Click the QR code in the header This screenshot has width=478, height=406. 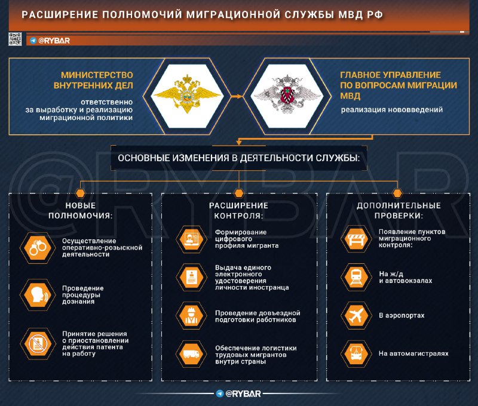coord(15,39)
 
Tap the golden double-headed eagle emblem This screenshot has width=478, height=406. coord(187,94)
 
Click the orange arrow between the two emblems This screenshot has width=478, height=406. coord(237,96)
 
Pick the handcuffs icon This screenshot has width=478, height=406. coord(38,248)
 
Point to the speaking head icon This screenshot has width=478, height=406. coord(38,295)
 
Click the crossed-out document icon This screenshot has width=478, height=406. coord(38,344)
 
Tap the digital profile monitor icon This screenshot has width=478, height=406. coord(191,239)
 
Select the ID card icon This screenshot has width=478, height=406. coord(191,277)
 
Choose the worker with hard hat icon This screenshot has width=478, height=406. coord(191,315)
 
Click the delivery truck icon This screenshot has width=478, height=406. coord(191,353)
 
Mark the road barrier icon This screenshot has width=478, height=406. coord(356,239)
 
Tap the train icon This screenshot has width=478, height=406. coord(356,277)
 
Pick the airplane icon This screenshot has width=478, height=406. coord(356,315)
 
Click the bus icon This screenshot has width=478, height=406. coord(356,353)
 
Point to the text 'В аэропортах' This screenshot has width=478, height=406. coord(402,315)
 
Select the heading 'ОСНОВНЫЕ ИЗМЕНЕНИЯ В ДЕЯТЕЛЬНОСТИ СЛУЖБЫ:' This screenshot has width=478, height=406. coord(238,158)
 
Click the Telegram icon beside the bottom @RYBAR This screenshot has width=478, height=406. coord(219,393)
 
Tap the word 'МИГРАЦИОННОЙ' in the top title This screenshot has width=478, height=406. coord(233,14)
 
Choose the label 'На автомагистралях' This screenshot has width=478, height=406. coord(413,353)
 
